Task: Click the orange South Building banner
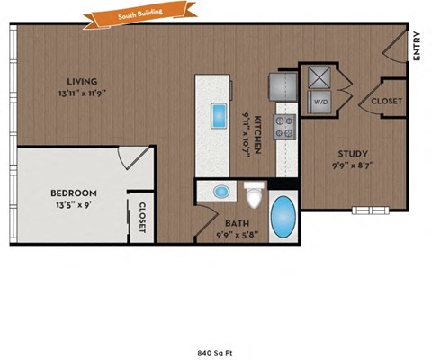(x=131, y=15)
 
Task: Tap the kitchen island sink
(x=219, y=116)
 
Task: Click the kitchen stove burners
(x=285, y=127)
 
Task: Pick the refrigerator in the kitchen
(x=280, y=85)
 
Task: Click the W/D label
(x=320, y=103)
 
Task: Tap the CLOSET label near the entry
(x=387, y=102)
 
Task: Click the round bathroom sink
(x=221, y=192)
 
